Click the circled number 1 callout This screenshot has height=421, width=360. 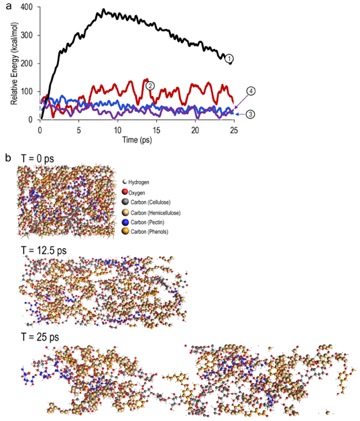[x=229, y=59]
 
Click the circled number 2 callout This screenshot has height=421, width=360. [x=150, y=85]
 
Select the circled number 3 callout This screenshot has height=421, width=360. [x=249, y=115]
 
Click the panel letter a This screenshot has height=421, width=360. [x=7, y=6]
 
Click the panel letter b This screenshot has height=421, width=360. [x=7, y=159]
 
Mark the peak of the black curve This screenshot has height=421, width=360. [x=103, y=11]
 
